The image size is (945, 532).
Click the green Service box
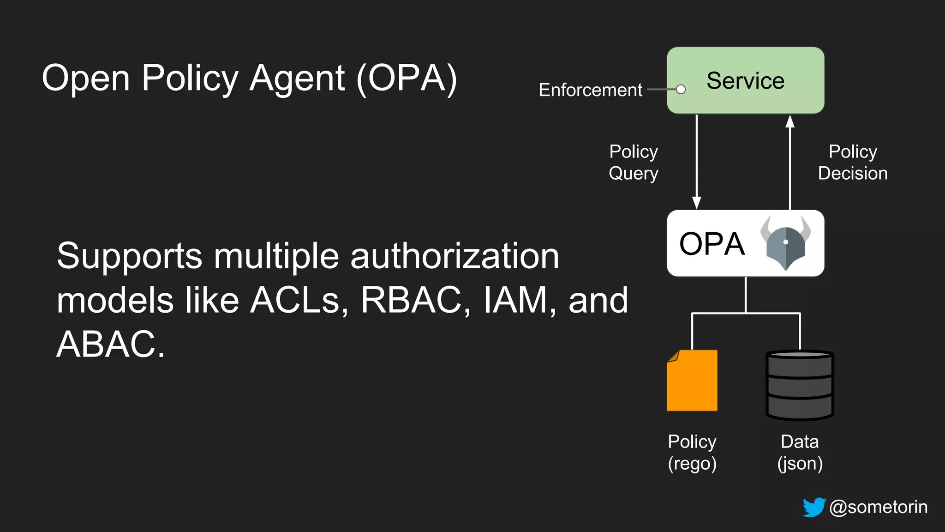pyautogui.click(x=745, y=80)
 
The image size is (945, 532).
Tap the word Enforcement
pyautogui.click(x=590, y=90)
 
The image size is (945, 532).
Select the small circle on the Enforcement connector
pyautogui.click(x=681, y=90)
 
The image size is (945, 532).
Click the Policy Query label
pyautogui.click(x=633, y=163)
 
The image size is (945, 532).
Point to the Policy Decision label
pyautogui.click(x=852, y=163)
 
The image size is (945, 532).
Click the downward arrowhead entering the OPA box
pyautogui.click(x=697, y=202)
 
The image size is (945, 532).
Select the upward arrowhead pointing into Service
pyautogui.click(x=790, y=122)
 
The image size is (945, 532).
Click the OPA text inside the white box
pyautogui.click(x=712, y=244)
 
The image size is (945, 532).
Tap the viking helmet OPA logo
pyautogui.click(x=785, y=243)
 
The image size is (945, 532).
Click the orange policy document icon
pyautogui.click(x=692, y=381)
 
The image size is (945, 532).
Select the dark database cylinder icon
pyautogui.click(x=800, y=385)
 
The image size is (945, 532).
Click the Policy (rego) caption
pyautogui.click(x=692, y=453)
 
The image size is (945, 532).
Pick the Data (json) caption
pyautogui.click(x=800, y=453)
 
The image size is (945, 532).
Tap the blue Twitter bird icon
pyautogui.click(x=814, y=507)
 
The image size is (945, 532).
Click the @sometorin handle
pyautogui.click(x=878, y=507)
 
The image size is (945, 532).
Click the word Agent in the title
pyautogui.click(x=297, y=79)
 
